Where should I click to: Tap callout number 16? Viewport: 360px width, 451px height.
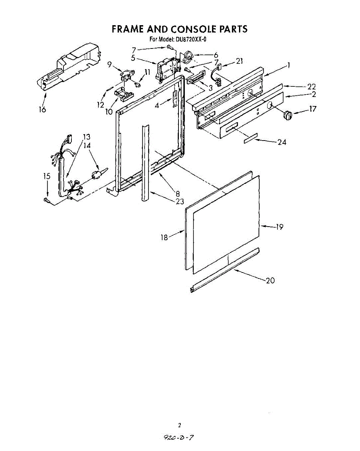(x=42, y=110)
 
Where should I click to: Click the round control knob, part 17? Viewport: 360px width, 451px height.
(x=287, y=115)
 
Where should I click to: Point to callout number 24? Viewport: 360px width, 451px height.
(x=282, y=142)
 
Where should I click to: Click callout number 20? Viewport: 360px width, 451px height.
(x=270, y=280)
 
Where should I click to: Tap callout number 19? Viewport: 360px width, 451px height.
(x=279, y=227)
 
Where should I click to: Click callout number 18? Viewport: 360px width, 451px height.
(x=164, y=238)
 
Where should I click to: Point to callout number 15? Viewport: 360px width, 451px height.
(x=47, y=176)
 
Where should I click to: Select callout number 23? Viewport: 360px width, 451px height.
(x=180, y=201)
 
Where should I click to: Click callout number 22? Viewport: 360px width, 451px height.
(x=312, y=87)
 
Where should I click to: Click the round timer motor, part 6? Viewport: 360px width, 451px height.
(x=187, y=57)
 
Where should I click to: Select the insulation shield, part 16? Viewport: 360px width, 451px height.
(x=70, y=66)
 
